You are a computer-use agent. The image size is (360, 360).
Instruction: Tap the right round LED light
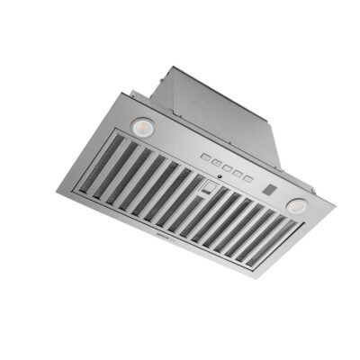(x=294, y=206)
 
